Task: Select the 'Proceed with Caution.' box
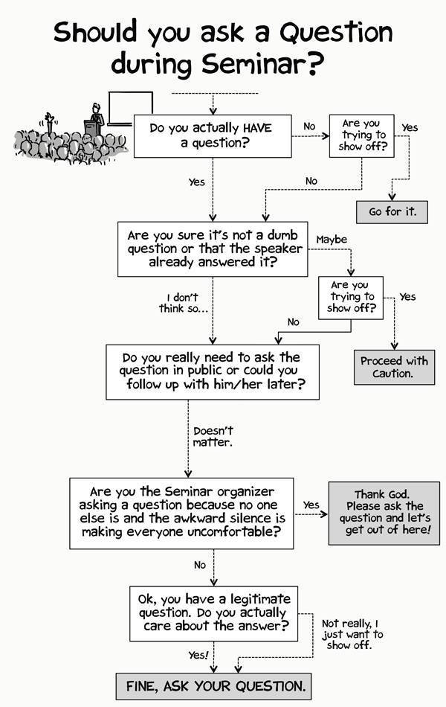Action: click(x=394, y=366)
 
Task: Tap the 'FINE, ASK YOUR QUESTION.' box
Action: click(x=211, y=685)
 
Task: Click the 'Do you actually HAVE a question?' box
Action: click(x=211, y=135)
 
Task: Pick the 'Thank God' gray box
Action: click(x=384, y=513)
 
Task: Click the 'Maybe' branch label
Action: click(x=332, y=240)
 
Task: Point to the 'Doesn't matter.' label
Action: click(x=213, y=436)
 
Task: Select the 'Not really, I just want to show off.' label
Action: click(x=352, y=633)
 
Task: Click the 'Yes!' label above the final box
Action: click(x=198, y=654)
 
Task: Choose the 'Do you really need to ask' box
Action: click(x=213, y=371)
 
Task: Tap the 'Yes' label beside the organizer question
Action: click(x=311, y=505)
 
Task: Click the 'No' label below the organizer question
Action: click(x=200, y=566)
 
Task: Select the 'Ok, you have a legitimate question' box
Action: click(x=214, y=614)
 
